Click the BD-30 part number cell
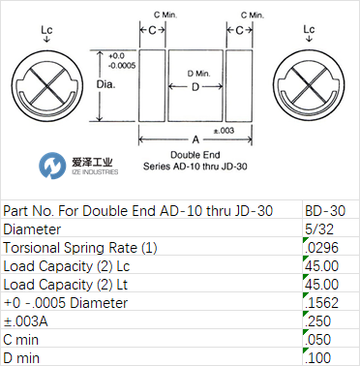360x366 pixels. coord(325,211)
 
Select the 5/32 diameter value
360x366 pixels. coord(319,229)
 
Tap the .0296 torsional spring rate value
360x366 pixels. coord(321,248)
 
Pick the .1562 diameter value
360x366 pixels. coord(321,303)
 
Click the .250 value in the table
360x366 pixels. coord(318,321)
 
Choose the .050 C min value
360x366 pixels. coord(318,340)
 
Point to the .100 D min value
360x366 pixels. coord(318,358)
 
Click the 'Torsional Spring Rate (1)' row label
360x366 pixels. coord(80,248)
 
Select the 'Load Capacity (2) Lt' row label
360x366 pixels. coord(66,285)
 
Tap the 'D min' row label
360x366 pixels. coord(21,358)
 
